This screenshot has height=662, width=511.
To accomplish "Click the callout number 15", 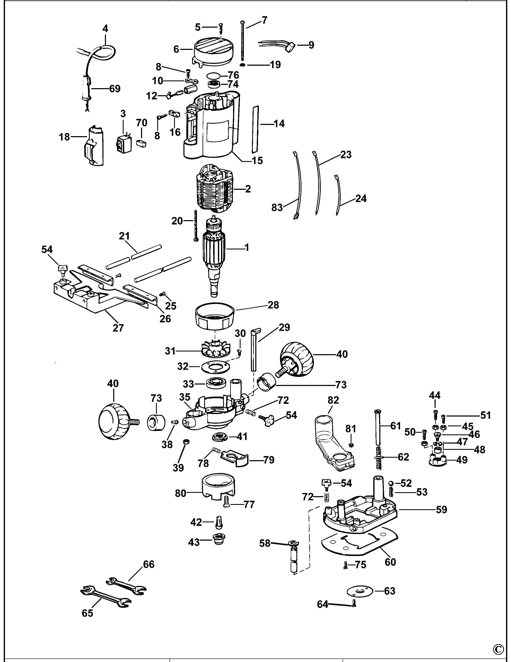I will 257,160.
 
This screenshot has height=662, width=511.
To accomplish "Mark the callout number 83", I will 277,208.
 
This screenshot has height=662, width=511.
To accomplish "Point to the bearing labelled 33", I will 216,384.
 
